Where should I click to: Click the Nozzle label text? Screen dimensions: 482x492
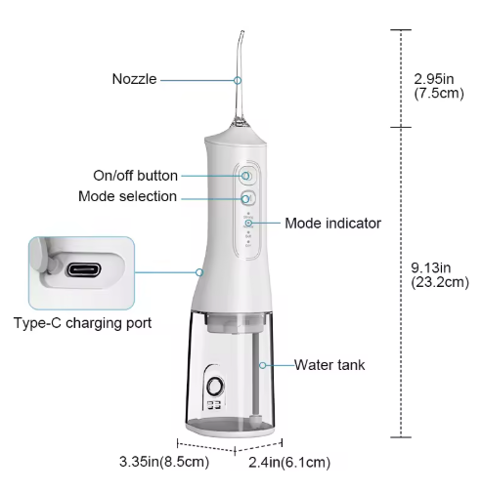coord(134,79)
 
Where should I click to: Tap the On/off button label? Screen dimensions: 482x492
coord(135,176)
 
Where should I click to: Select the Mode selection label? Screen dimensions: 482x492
coord(127,196)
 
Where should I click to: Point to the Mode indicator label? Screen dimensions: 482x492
coord(332,224)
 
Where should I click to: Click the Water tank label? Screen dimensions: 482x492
coord(329,365)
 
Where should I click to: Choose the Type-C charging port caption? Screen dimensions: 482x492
coord(83,323)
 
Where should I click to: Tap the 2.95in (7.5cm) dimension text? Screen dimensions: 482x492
coord(439,86)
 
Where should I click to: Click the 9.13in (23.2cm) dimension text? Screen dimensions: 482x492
coord(440,275)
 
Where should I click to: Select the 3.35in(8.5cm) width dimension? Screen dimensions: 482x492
coord(164,462)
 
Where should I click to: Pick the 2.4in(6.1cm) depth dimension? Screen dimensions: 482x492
coord(289,463)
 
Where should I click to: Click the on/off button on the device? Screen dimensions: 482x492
coord(246,176)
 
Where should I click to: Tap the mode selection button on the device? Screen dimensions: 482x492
coord(247,198)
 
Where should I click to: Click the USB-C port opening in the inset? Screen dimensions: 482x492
coord(84,269)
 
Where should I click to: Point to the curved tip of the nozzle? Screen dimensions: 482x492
coord(241,32)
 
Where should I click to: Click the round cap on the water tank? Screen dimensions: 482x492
coord(215,387)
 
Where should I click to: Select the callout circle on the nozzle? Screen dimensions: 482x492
coord(238,80)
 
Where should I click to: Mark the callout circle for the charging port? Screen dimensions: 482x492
coord(199,272)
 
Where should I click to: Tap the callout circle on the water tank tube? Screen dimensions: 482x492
coord(263,365)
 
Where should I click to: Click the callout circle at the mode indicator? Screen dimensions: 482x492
coord(248,224)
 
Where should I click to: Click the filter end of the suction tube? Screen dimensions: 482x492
coord(254,420)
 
